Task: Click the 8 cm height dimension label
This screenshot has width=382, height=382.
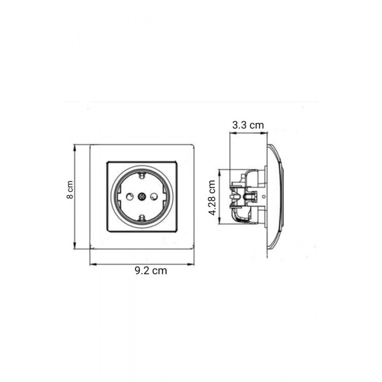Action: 70,190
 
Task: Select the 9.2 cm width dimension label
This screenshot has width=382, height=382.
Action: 151,271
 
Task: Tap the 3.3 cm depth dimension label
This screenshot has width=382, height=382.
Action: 248,125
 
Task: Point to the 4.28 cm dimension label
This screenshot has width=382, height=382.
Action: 212,197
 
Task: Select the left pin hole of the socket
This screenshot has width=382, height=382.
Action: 130,196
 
